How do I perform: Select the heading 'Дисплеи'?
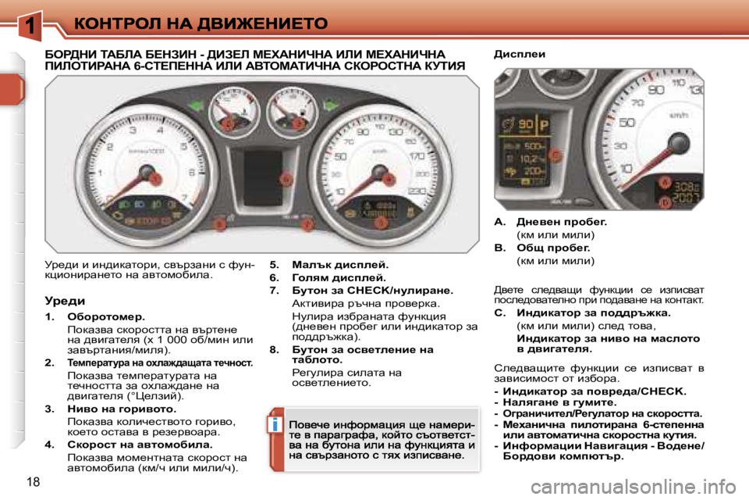coord(520,55)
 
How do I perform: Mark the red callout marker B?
coord(665,203)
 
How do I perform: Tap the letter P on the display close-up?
coord(545,123)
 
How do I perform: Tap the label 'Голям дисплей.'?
coord(338,277)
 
